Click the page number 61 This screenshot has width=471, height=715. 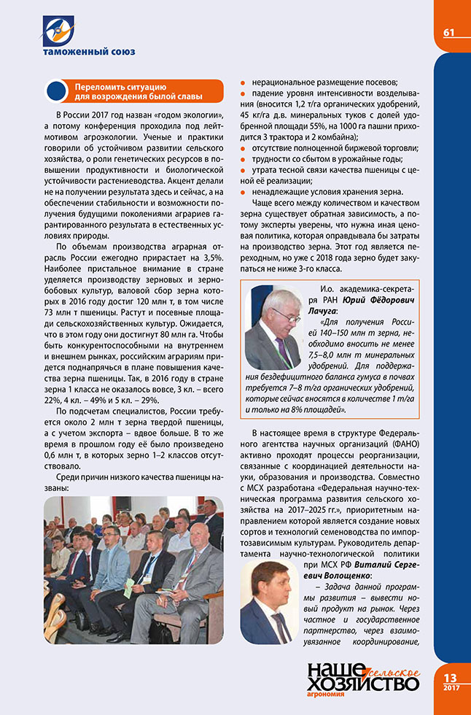click(x=448, y=31)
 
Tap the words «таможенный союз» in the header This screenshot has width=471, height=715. click(x=79, y=52)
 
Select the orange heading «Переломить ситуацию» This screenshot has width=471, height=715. click(x=122, y=87)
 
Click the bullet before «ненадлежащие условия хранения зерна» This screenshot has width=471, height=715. click(x=244, y=193)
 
